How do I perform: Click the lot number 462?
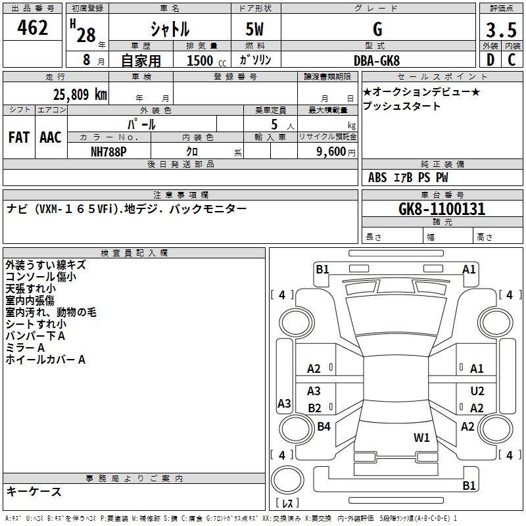(x=32, y=28)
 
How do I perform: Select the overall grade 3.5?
(x=501, y=30)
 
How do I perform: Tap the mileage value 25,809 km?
(x=80, y=95)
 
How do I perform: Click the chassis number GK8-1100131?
(x=442, y=208)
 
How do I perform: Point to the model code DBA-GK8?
(x=377, y=60)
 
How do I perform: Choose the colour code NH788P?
(x=108, y=152)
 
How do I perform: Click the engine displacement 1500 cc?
(x=206, y=60)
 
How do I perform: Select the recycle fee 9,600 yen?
(x=336, y=152)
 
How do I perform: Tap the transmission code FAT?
(x=19, y=137)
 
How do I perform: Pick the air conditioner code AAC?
(x=51, y=137)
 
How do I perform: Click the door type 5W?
(x=254, y=29)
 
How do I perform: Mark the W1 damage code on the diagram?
(x=421, y=438)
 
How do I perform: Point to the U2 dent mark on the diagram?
(x=477, y=391)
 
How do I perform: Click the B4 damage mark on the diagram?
(x=323, y=426)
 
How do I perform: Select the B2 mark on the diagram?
(x=315, y=408)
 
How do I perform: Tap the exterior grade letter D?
(x=490, y=60)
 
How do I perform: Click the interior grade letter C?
(x=512, y=60)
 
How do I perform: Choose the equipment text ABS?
(x=377, y=178)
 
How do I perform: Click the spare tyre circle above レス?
(x=287, y=480)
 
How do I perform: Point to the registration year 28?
(x=86, y=35)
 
